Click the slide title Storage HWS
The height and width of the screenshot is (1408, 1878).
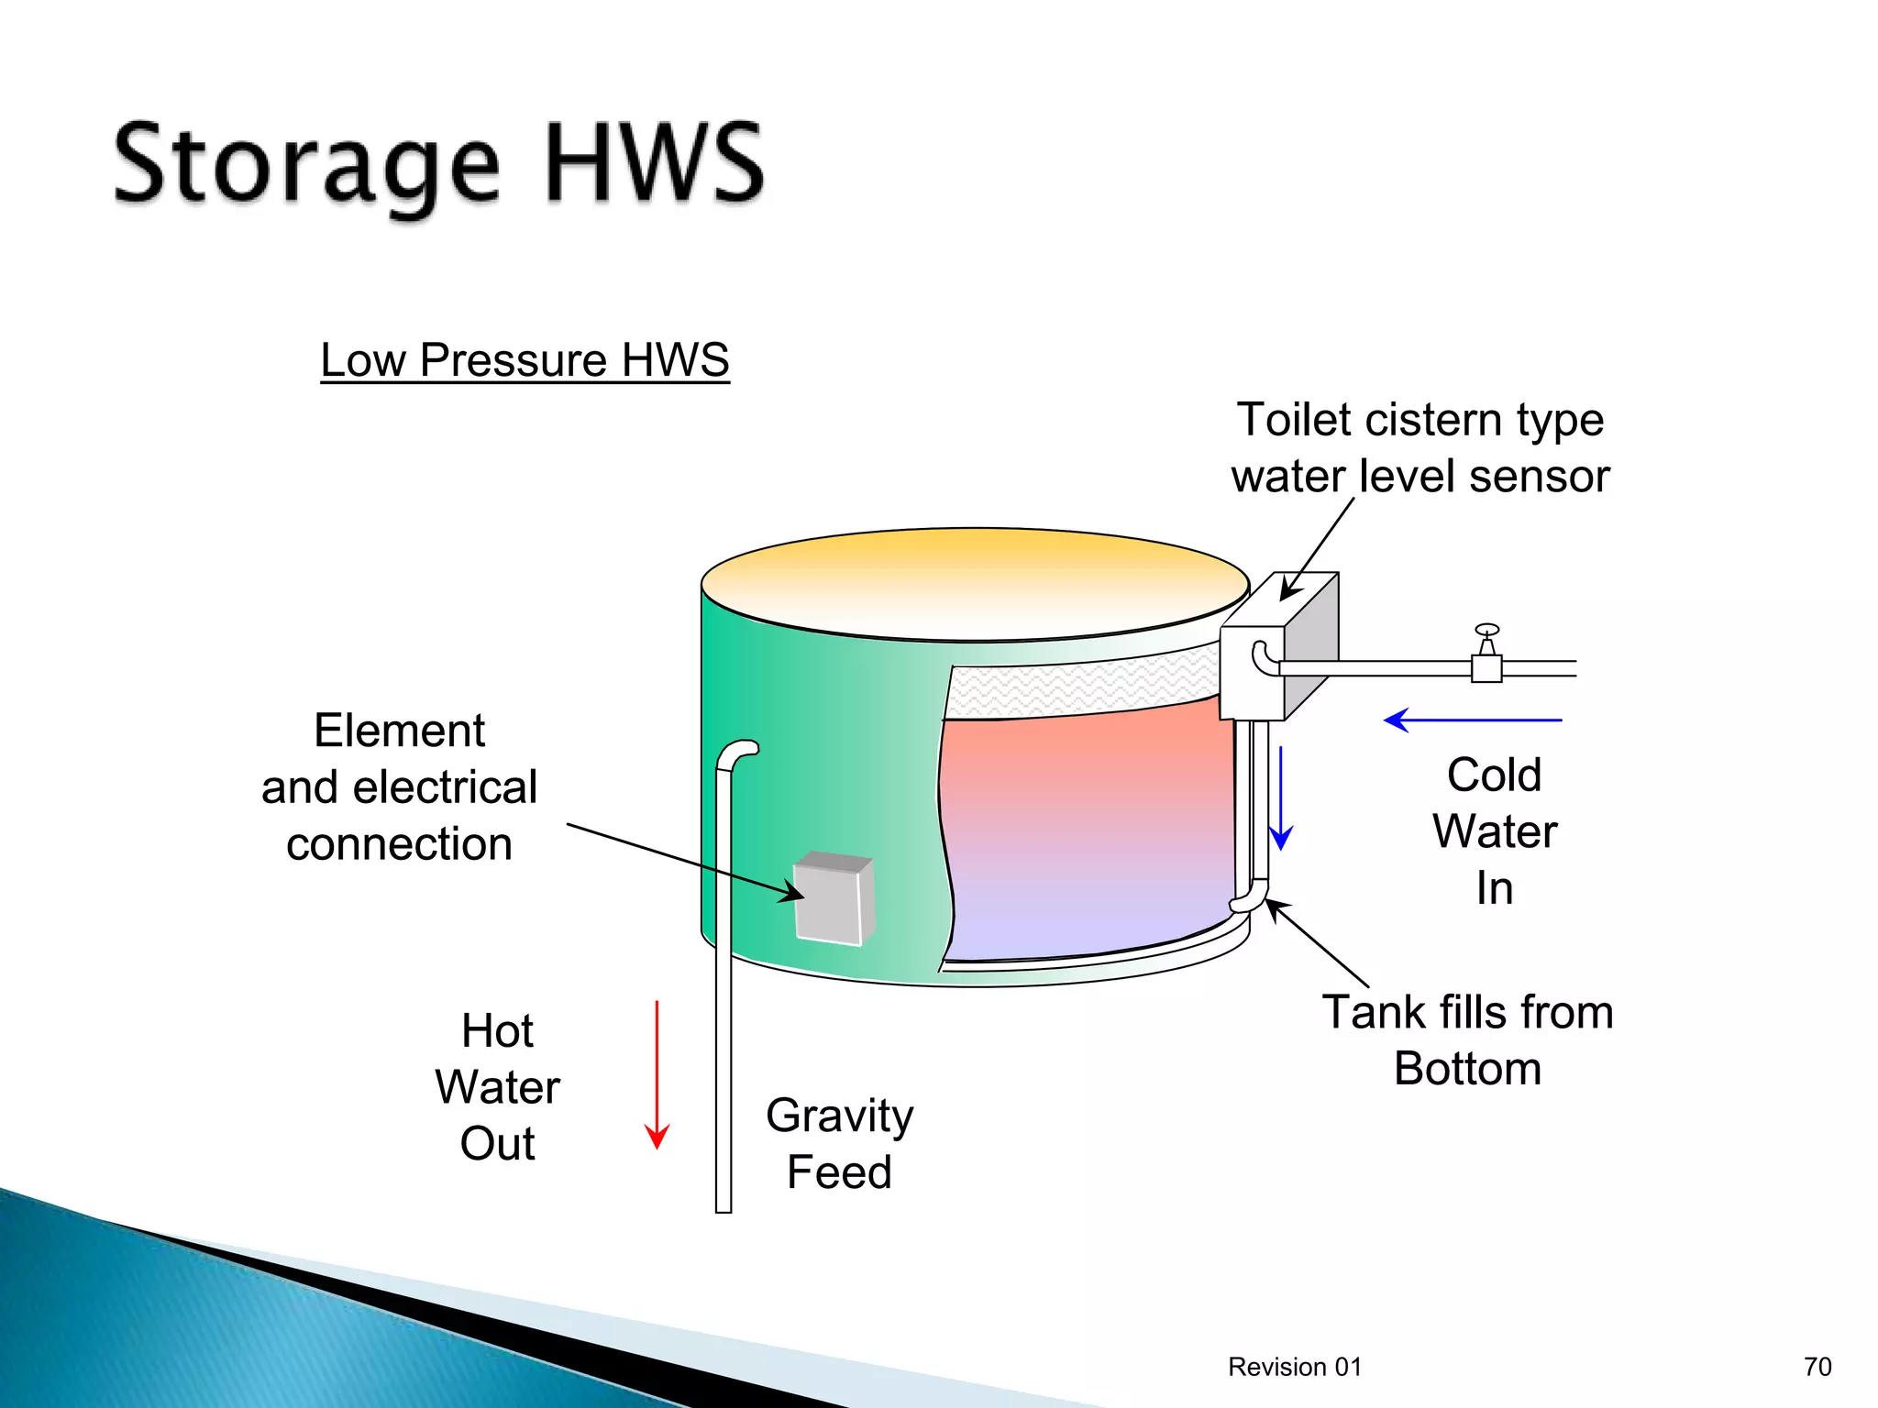coord(438,165)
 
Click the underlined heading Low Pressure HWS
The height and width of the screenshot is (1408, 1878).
coord(525,359)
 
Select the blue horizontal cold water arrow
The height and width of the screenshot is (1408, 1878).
coord(1473,720)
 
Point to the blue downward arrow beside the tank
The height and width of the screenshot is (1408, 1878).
coord(1281,798)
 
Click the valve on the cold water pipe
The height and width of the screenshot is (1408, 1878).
coord(1486,656)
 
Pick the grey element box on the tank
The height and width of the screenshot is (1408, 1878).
coord(833,898)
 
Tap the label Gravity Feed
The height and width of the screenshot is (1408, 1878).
coord(839,1143)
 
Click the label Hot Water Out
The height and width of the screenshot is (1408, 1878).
coord(497,1087)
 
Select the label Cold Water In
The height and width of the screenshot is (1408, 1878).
coord(1495,831)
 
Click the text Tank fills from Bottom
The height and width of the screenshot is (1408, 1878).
coord(1467,1040)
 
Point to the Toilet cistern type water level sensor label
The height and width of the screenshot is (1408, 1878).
coord(1420,447)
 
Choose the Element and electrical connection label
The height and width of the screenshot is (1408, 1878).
coord(400,787)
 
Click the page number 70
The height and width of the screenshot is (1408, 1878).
coord(1817,1367)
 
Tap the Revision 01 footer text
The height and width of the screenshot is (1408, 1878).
coord(1295,1367)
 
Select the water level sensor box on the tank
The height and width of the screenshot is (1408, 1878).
coord(1279,646)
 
